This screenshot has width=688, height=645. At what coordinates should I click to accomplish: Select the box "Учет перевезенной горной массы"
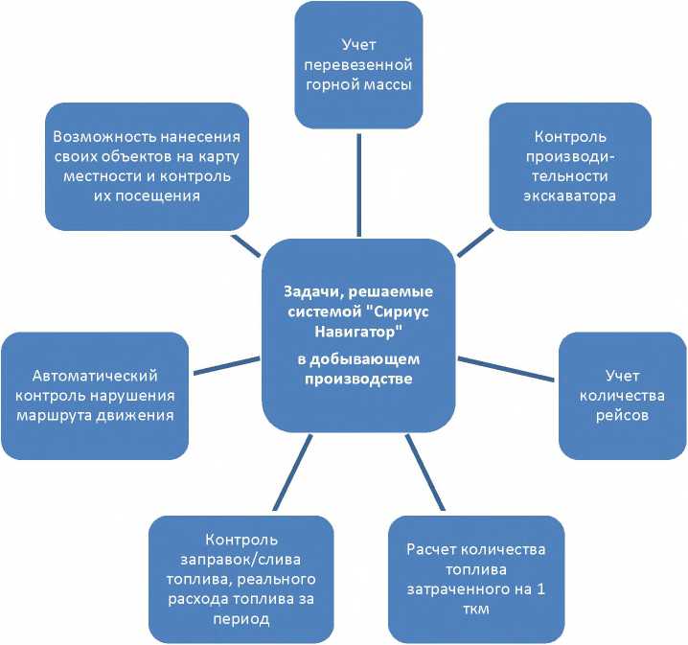[x=358, y=65]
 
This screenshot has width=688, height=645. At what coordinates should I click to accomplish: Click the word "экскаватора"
[x=570, y=195]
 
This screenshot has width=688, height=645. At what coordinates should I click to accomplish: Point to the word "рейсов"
[x=622, y=416]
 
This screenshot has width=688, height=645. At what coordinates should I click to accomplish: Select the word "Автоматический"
[x=95, y=377]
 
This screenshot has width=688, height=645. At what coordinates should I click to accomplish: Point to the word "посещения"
[x=168, y=195]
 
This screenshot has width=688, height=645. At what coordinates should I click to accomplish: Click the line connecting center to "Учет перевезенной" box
[x=358, y=183]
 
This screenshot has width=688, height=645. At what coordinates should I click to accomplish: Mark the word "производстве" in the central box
[x=357, y=379]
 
